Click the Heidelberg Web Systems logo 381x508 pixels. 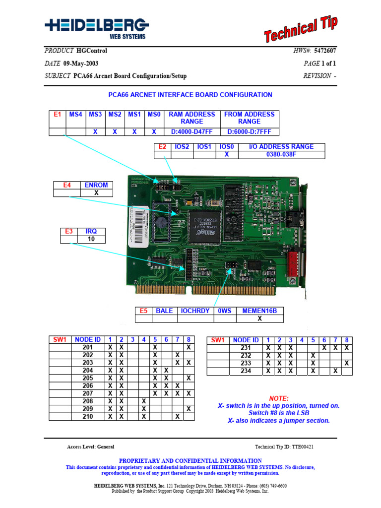pyautogui.click(x=96, y=28)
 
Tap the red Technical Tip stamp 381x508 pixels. pyautogui.click(x=301, y=29)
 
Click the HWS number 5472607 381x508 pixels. pyautogui.click(x=325, y=51)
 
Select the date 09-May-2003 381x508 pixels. pyautogui.click(x=81, y=63)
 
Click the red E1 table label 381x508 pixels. pyautogui.click(x=58, y=115)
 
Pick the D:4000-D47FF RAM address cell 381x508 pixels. pyautogui.click(x=191, y=132)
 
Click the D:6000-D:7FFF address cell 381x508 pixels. pyautogui.click(x=249, y=132)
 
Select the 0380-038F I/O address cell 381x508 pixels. pyautogui.click(x=281, y=155)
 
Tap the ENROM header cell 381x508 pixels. pyautogui.click(x=96, y=185)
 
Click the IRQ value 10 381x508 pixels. pyautogui.click(x=91, y=239)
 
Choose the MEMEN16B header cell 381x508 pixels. pyautogui.click(x=259, y=311)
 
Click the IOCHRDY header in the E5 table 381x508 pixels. pyautogui.click(x=195, y=311)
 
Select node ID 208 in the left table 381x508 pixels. pyautogui.click(x=88, y=401)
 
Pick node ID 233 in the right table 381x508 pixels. pyautogui.click(x=246, y=364)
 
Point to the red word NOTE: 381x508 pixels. pyautogui.click(x=278, y=398)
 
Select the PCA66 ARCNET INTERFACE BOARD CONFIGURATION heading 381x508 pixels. pyautogui.click(x=190, y=95)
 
